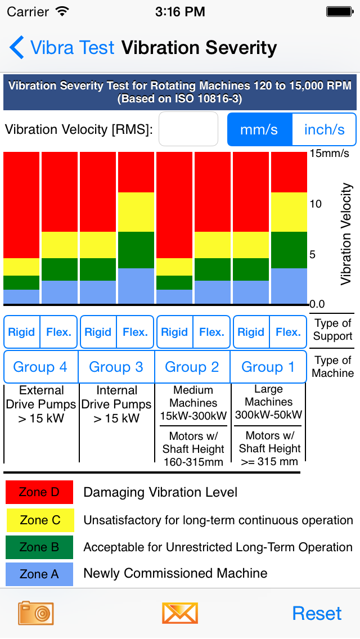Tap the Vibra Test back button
click(62, 48)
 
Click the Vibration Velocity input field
click(188, 129)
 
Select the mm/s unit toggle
click(259, 129)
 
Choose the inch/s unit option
click(325, 129)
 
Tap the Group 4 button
click(40, 367)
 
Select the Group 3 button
click(116, 367)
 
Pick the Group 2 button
click(192, 367)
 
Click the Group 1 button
click(268, 367)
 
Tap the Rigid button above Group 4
click(22, 332)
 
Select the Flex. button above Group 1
click(288, 332)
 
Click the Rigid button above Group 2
click(174, 332)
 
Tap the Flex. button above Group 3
click(135, 332)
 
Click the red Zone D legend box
click(39, 492)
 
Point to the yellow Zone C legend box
click(39, 520)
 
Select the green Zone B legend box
click(39, 547)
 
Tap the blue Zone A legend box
click(39, 574)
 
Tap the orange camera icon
click(35, 613)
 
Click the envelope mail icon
click(180, 613)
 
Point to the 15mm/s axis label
click(330, 153)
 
